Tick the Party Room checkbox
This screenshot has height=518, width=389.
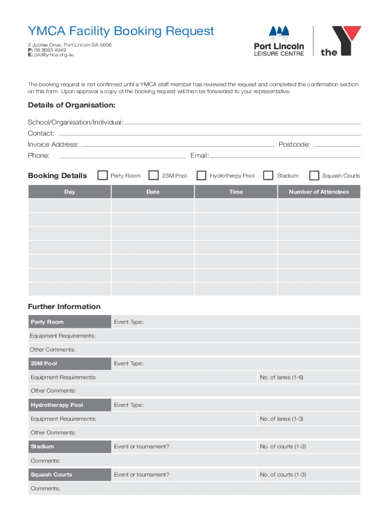point(103,176)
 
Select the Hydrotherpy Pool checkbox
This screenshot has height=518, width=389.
point(202,176)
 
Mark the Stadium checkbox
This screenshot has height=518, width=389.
point(268,176)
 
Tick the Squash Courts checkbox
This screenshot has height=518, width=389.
point(314,176)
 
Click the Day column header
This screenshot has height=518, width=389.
point(70,192)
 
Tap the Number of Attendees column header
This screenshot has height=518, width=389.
point(319,192)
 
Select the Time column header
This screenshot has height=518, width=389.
point(236,192)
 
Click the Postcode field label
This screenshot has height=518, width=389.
point(295,145)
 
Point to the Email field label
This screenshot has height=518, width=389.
point(200,156)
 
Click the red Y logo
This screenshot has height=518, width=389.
point(347,39)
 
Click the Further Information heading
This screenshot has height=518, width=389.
point(64,307)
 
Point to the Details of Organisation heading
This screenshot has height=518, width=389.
point(71,105)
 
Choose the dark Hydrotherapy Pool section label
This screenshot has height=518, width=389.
point(57,405)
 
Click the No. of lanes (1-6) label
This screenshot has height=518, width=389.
point(281,377)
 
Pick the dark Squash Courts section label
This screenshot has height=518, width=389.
point(52,474)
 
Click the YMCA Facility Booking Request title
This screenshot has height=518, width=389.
point(121,31)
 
